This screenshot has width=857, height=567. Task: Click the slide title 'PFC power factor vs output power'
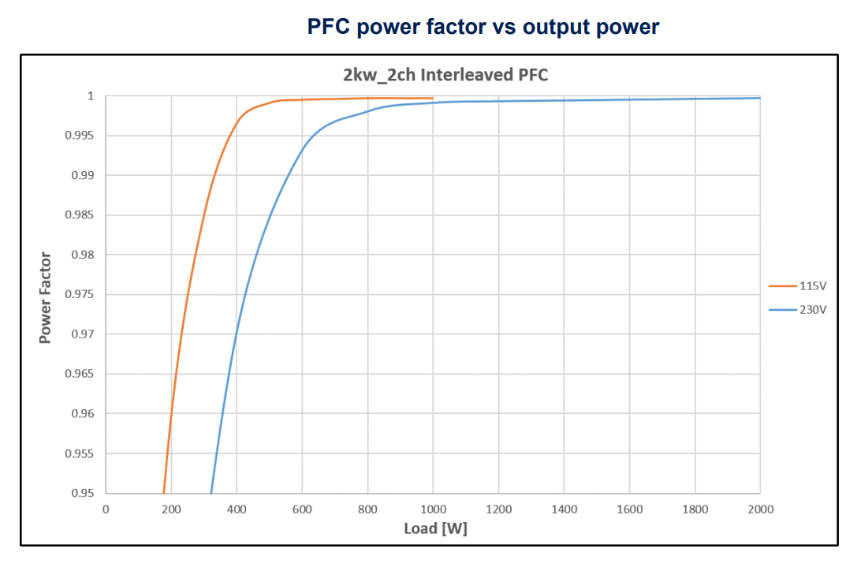pyautogui.click(x=483, y=27)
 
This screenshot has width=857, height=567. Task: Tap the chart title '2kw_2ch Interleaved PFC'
pyautogui.click(x=445, y=76)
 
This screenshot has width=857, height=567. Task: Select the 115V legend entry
pyautogui.click(x=813, y=285)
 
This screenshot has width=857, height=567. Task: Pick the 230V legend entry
pyautogui.click(x=813, y=310)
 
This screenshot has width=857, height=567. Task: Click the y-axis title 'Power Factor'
pyautogui.click(x=46, y=297)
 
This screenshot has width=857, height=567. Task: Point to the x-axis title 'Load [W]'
pyautogui.click(x=435, y=528)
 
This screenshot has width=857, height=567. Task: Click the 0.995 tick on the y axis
pyautogui.click(x=79, y=136)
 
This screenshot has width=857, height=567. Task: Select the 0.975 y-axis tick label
pyautogui.click(x=79, y=295)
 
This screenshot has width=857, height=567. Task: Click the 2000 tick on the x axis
pyautogui.click(x=760, y=509)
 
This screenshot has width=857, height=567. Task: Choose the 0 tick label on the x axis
pyautogui.click(x=106, y=509)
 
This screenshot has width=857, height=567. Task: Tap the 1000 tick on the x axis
pyautogui.click(x=433, y=509)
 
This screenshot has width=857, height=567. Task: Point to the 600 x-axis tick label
pyautogui.click(x=302, y=509)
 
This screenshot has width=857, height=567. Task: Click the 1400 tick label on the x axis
pyautogui.click(x=564, y=509)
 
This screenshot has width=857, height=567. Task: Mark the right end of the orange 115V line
pyautogui.click(x=433, y=99)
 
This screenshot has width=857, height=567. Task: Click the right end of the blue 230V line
pyautogui.click(x=760, y=98)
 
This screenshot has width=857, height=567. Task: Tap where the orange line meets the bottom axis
pyautogui.click(x=163, y=493)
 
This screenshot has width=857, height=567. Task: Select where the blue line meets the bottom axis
pyautogui.click(x=211, y=493)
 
